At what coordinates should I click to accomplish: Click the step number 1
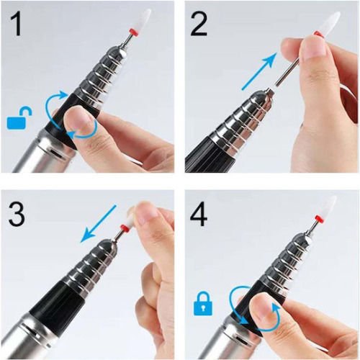coord(16,24)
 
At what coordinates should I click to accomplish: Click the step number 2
coord(199,24)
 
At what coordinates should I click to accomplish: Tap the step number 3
coord(17,214)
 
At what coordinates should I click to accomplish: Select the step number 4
coord(199,215)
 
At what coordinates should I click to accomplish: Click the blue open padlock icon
coord(19,118)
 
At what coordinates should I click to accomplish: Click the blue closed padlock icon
coord(203,303)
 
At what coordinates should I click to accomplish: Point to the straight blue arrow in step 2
coord(258,71)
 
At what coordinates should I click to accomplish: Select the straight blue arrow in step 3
coord(98,223)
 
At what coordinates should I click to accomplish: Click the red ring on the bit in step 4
coord(319,219)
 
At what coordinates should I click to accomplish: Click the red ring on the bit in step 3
coord(123,228)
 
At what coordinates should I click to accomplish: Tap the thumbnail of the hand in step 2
coord(315,47)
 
